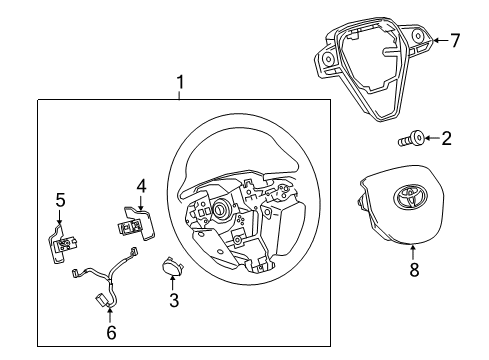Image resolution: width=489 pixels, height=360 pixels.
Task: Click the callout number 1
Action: click(x=180, y=82)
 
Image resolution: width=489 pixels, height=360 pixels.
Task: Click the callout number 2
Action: click(x=448, y=138)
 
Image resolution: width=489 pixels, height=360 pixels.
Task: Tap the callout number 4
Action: click(x=141, y=186)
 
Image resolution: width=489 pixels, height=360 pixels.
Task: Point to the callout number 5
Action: click(x=60, y=201)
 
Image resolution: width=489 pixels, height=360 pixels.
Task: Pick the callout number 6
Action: click(x=111, y=333)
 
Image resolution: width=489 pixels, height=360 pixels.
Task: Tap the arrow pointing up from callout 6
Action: click(x=111, y=316)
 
